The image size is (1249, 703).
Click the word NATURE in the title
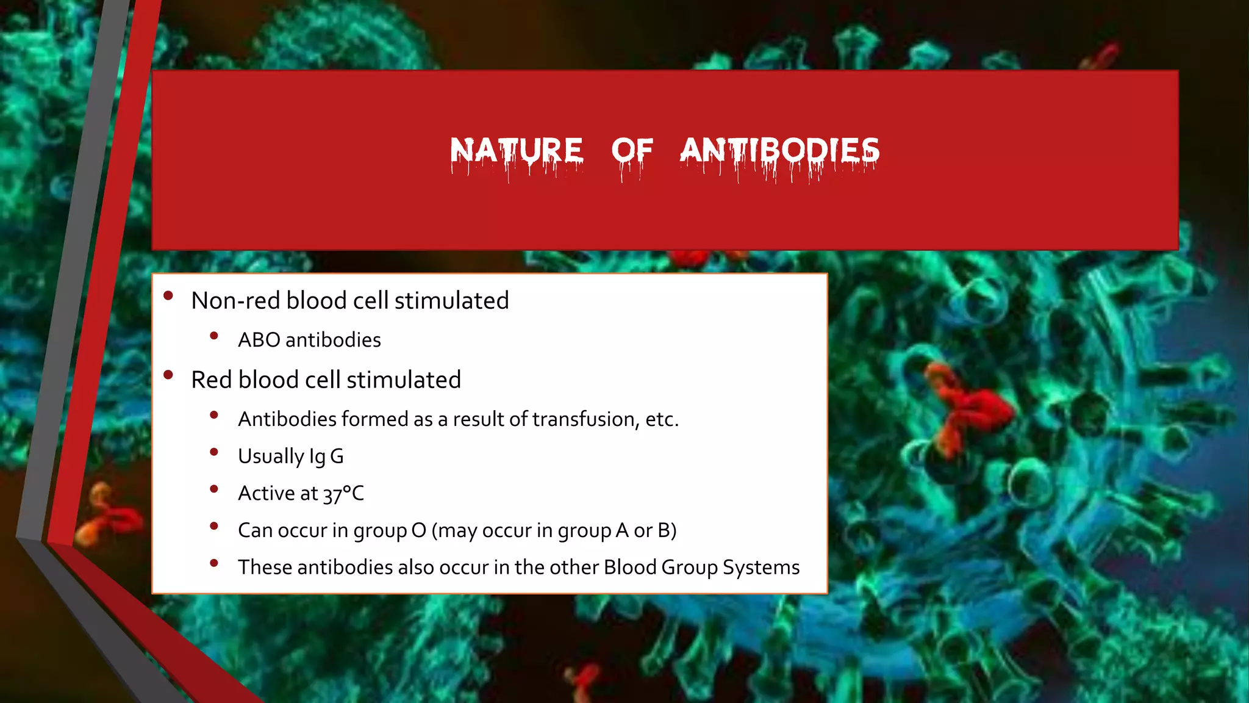click(517, 151)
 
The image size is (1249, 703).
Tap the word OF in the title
click(632, 151)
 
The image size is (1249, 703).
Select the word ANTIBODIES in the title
click(779, 151)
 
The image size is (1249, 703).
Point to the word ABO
click(259, 340)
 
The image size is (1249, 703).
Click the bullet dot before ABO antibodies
click(213, 336)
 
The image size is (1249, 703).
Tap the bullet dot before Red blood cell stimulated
click(168, 375)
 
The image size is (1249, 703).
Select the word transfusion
click(584, 419)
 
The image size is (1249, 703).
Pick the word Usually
click(270, 456)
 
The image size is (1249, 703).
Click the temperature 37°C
click(343, 494)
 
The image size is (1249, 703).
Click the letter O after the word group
click(418, 530)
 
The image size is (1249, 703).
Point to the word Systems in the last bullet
click(761, 568)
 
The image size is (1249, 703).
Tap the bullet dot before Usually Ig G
click(213, 452)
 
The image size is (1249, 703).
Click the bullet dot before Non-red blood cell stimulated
click(168, 296)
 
